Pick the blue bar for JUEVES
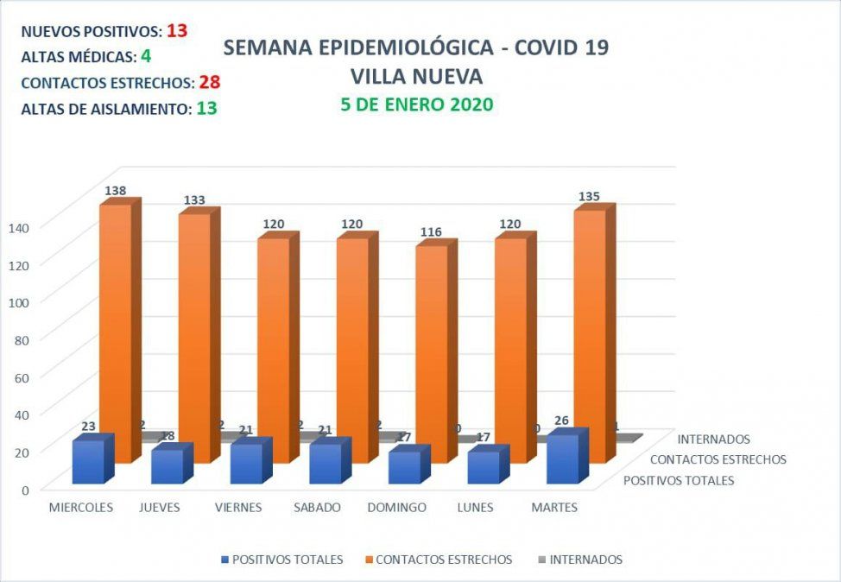tap(166, 466)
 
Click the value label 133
tap(194, 200)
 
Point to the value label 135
tap(590, 196)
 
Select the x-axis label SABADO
tap(318, 508)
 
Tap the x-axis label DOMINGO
tap(397, 508)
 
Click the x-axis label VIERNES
tap(238, 508)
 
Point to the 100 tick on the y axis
tap(20, 301)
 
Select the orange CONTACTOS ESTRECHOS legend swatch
tap(371, 560)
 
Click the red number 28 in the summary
tap(209, 83)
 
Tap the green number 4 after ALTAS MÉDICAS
tap(146, 57)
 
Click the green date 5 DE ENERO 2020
tap(416, 104)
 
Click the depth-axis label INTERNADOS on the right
tap(714, 440)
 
